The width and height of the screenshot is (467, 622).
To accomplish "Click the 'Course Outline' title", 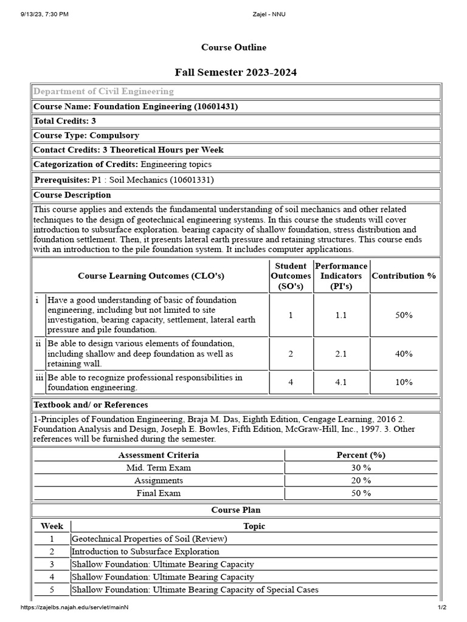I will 233,47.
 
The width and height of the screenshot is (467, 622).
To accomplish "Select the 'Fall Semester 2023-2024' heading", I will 236,73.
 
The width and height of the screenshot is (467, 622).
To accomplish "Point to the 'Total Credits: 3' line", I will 64,121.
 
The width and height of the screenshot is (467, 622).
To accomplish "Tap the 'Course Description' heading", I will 72,195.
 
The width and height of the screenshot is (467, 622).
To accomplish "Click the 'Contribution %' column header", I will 404,276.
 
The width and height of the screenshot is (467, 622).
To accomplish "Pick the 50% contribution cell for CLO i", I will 404,315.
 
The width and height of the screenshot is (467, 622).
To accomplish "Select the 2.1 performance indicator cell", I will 341,354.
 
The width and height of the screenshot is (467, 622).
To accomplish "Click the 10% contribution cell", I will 404,382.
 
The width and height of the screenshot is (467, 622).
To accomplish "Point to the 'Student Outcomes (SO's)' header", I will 291,276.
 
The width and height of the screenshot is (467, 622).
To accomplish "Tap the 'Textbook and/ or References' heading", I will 91,405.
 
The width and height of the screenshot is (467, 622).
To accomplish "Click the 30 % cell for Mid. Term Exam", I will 361,468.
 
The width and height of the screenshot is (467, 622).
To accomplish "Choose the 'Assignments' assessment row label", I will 159,480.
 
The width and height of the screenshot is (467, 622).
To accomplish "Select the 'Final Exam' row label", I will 159,493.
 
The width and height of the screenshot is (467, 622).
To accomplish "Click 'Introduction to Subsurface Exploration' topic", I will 145,552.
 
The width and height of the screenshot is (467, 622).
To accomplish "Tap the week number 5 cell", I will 52,590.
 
